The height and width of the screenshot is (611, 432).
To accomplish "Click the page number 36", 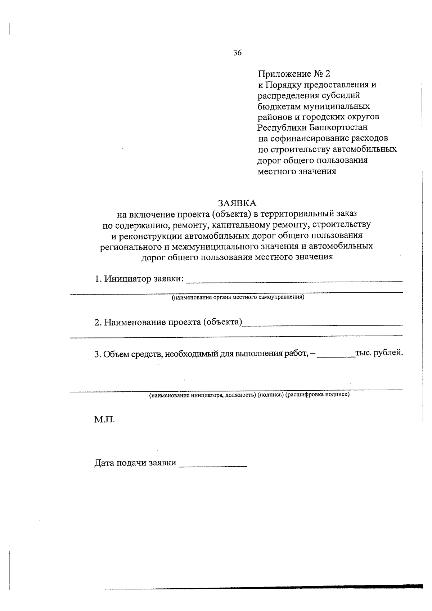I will (x=237, y=53).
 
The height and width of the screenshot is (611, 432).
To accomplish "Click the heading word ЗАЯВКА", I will (x=237, y=203).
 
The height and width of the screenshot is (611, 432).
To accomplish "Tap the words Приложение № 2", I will (x=294, y=74).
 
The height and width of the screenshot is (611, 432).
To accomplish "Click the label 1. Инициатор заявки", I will (x=139, y=279).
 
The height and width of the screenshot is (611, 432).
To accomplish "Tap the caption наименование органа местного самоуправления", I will (x=238, y=297).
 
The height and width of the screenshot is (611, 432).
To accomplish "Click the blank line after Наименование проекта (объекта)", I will (x=322, y=324).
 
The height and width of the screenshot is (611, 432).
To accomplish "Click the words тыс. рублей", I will (x=379, y=353).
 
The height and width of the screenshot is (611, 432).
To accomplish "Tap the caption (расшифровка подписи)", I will (x=318, y=395).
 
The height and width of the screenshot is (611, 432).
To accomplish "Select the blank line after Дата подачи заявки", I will (x=213, y=466).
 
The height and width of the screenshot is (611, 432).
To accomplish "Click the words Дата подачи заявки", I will (x=135, y=463).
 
